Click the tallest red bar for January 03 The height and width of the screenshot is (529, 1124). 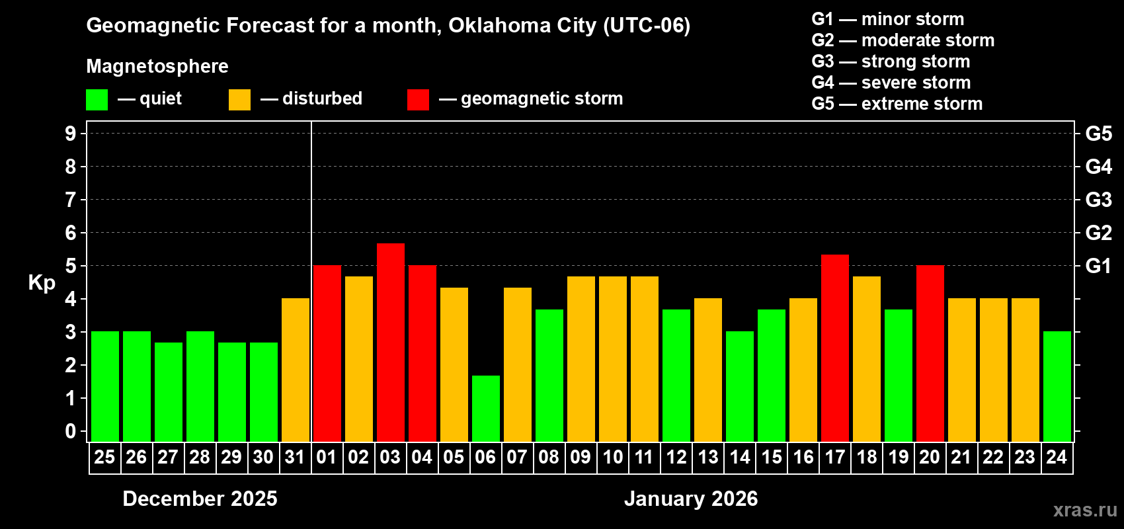pyautogui.click(x=390, y=342)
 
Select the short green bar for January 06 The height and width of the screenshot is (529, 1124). pyautogui.click(x=485, y=408)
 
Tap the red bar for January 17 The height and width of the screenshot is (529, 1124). pyautogui.click(x=834, y=348)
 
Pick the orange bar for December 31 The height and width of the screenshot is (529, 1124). pyautogui.click(x=296, y=370)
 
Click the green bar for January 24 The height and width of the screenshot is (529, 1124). pyautogui.click(x=1057, y=386)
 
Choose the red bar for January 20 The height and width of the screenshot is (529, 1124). pyautogui.click(x=930, y=353)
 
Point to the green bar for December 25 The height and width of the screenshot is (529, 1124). pyautogui.click(x=105, y=386)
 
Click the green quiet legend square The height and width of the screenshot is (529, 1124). pyautogui.click(x=97, y=100)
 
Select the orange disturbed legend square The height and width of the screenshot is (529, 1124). pyautogui.click(x=239, y=100)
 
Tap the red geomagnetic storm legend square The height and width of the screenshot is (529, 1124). pyautogui.click(x=418, y=100)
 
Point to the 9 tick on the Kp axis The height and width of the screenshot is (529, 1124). pyautogui.click(x=71, y=134)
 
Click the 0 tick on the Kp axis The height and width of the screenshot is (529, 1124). pyautogui.click(x=71, y=432)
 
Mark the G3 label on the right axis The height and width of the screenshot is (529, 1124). pyautogui.click(x=1098, y=200)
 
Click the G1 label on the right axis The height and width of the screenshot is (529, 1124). pyautogui.click(x=1098, y=266)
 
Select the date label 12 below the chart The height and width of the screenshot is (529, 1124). pyautogui.click(x=676, y=457)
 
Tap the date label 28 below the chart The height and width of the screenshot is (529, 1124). pyautogui.click(x=200, y=457)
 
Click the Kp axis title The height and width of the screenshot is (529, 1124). pyautogui.click(x=42, y=282)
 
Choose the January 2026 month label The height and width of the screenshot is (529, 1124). pyautogui.click(x=691, y=499)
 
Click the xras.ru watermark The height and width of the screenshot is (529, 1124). pyautogui.click(x=1085, y=509)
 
